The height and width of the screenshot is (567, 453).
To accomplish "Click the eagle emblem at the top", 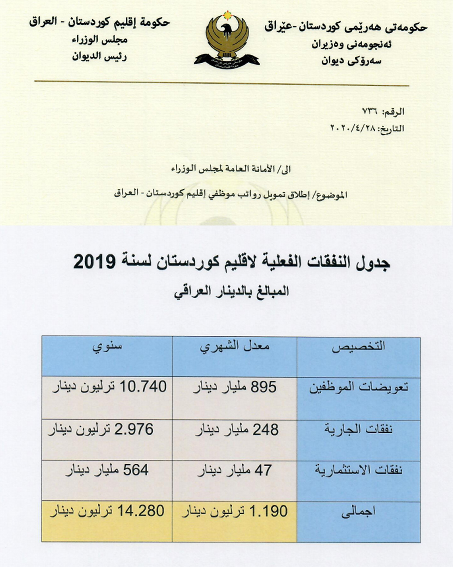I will point(226,40).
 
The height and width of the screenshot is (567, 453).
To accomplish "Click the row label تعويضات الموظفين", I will point(359,387).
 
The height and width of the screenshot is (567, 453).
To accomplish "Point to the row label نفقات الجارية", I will point(358,430).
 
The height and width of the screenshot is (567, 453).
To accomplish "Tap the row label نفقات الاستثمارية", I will point(358,470).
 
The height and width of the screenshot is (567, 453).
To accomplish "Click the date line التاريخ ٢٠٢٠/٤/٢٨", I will point(367,129).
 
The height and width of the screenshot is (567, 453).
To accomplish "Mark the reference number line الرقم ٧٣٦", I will point(384,112).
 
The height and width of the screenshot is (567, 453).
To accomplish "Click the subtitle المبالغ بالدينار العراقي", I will point(231,291).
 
